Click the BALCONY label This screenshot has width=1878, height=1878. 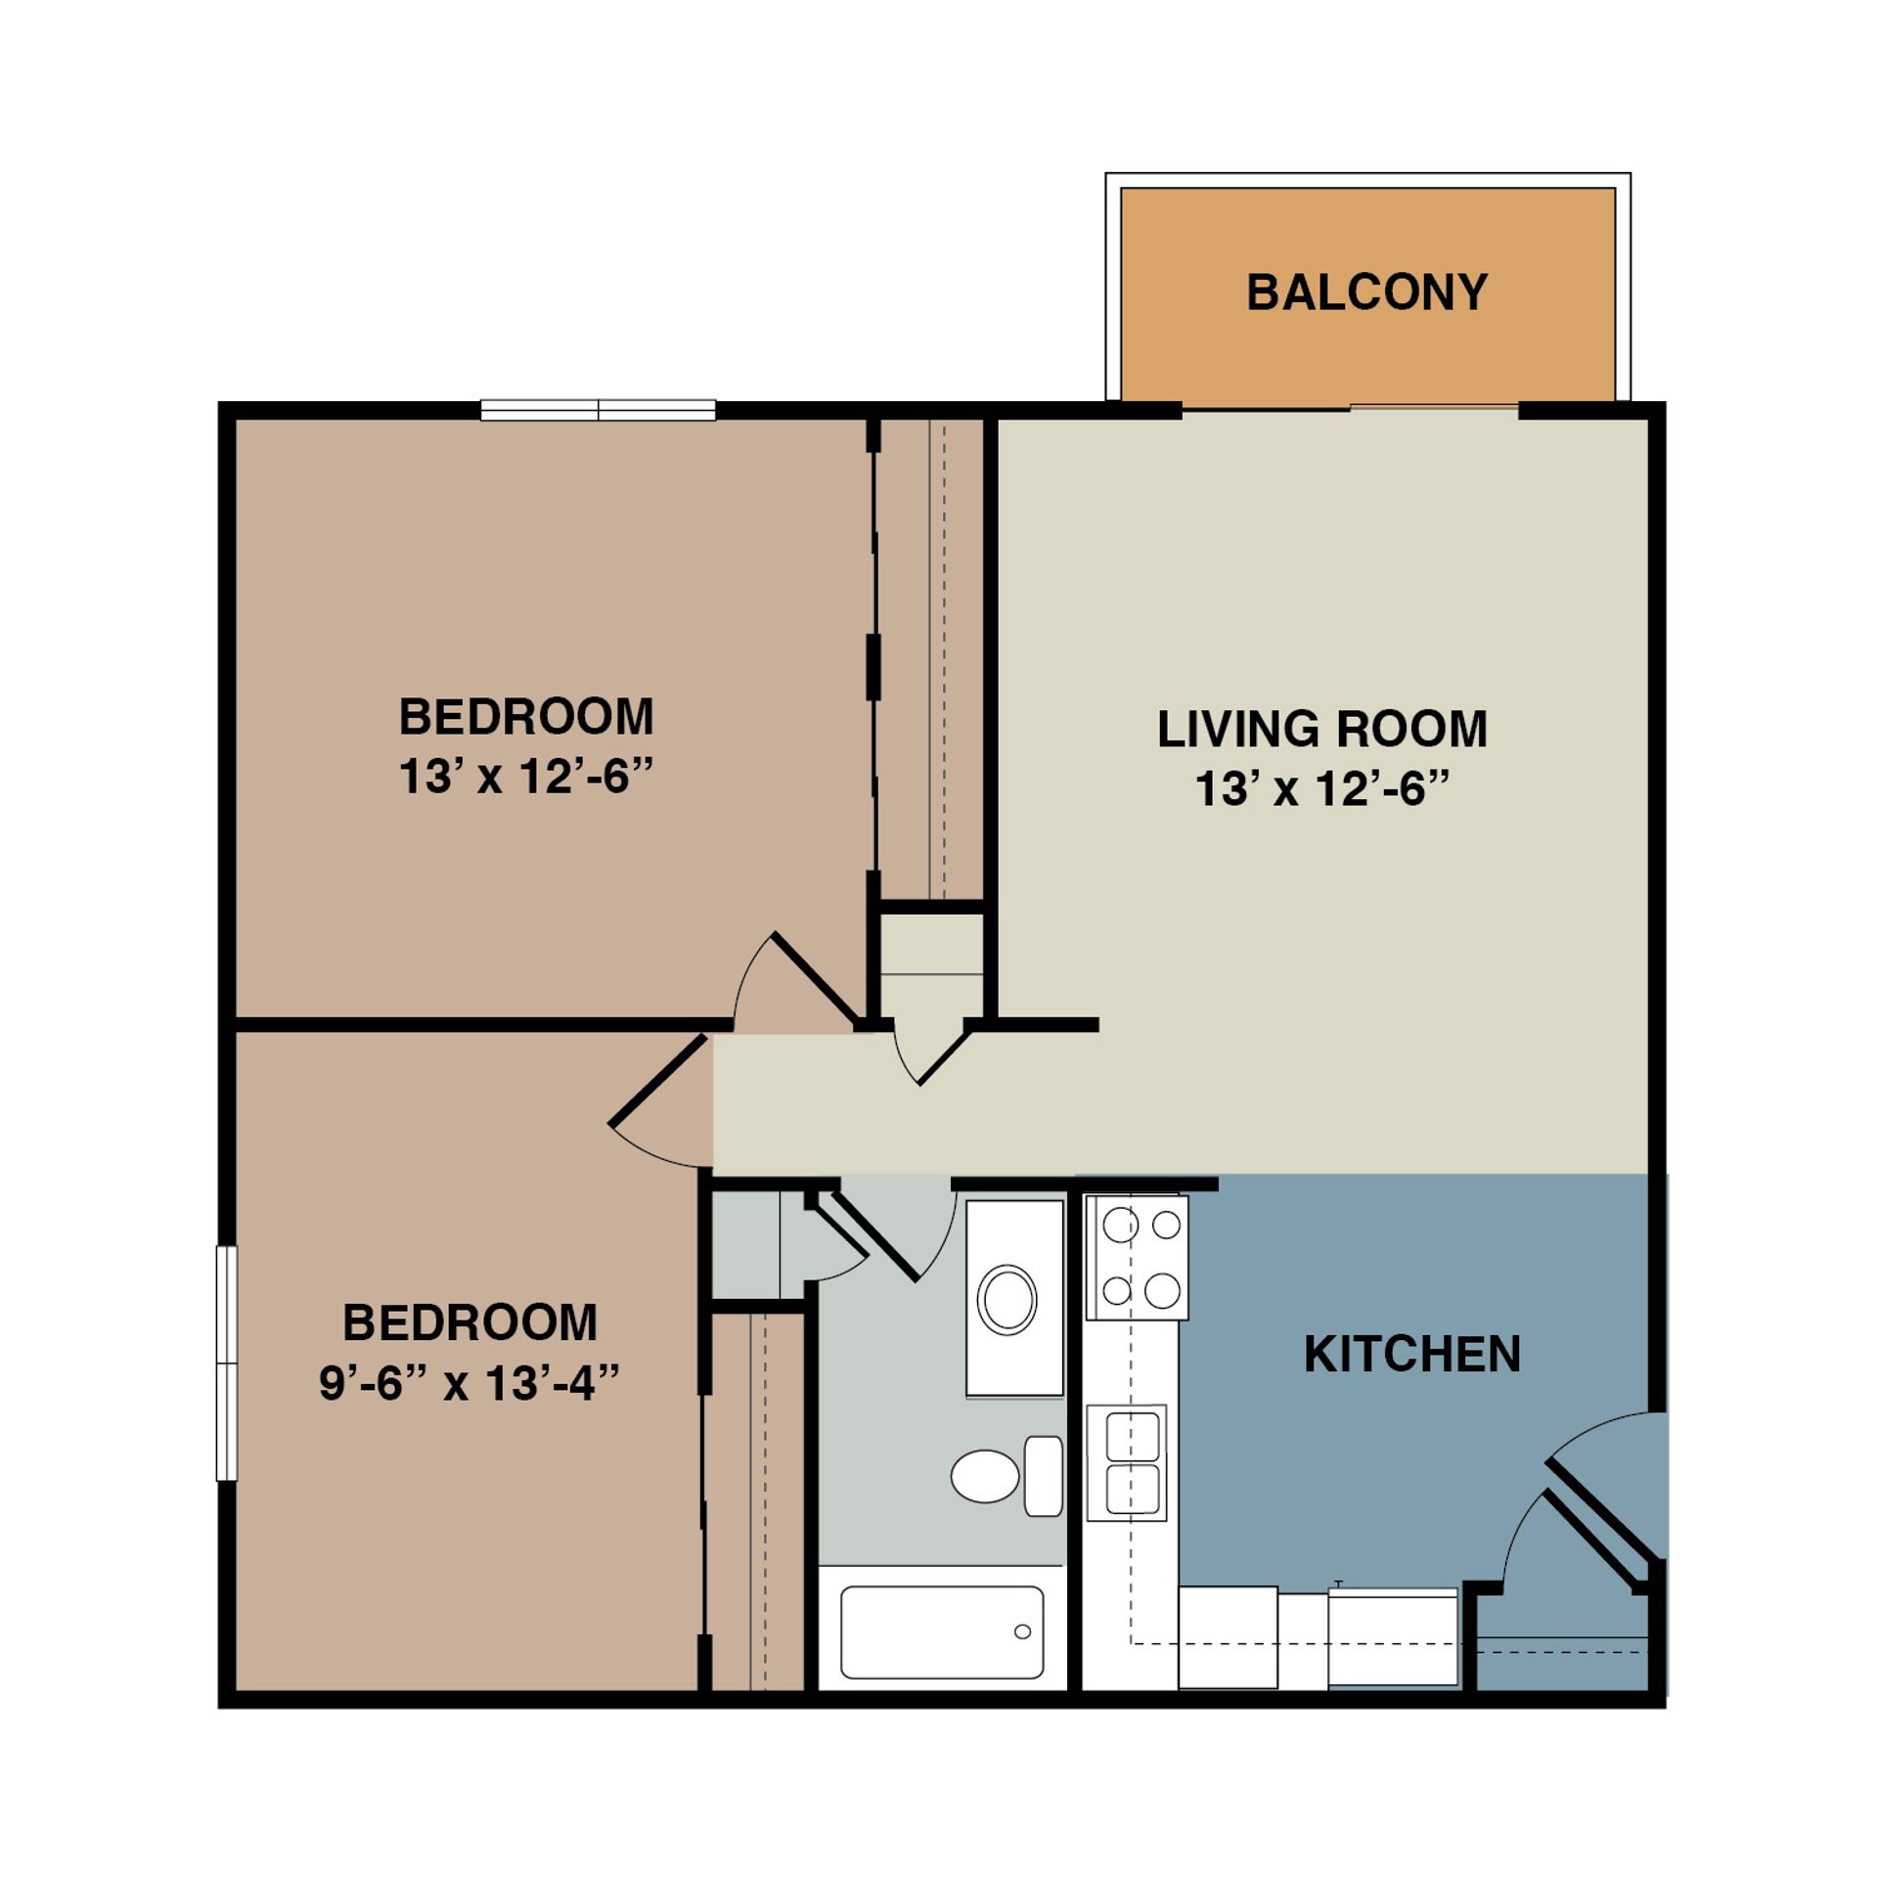pos(1366,292)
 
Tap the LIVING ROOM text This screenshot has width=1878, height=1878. pos(1321,730)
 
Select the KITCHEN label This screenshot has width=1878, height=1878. pos(1411,1355)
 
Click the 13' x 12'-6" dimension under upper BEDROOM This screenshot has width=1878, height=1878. pos(525,778)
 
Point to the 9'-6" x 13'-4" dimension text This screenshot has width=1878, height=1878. pos(469,1384)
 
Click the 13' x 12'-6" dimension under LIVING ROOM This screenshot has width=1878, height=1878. pos(1321,788)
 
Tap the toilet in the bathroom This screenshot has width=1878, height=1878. pos(986,1476)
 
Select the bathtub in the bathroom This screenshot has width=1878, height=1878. pos(941,1632)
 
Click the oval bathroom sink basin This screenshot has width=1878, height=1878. pos(1007,1300)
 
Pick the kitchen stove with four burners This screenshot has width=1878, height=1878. pos(1137,1258)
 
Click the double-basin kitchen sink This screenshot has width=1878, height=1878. pos(1127,1463)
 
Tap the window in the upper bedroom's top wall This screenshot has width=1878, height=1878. pos(598,410)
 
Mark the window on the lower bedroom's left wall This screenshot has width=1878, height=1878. pos(226,1363)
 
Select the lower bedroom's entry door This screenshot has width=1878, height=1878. pos(657,1081)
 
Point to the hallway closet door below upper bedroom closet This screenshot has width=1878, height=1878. pos(944,1052)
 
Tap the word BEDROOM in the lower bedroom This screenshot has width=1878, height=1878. pos(469,1323)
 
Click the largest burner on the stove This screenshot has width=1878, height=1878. pos(1162,1290)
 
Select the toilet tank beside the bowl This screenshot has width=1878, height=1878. pos(1044,1476)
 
